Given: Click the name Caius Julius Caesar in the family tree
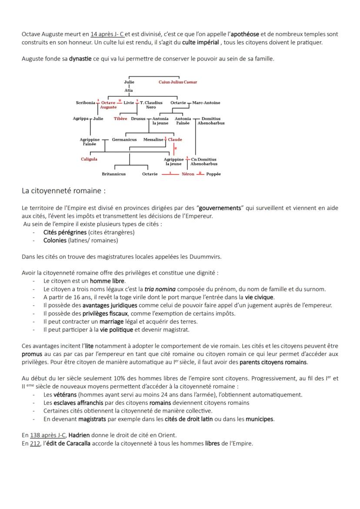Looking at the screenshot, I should tap(177, 82).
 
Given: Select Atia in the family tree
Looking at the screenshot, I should tap(129, 90).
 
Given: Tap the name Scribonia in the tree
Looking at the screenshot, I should tap(85, 103).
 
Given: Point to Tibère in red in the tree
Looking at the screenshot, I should tap(120, 119).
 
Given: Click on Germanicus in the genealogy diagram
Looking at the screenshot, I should tap(124, 140).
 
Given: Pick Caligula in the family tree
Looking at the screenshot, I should tap(89, 159).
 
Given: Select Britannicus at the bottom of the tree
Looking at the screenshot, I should tap(113, 174).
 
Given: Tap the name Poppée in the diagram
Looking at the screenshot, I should tap(213, 174).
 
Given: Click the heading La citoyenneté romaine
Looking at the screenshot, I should tap(63, 191).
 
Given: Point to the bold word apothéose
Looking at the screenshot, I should tap(245, 34).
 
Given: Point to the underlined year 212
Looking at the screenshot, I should tap(35, 443).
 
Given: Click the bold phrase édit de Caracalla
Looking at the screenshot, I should tap(65, 443).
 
